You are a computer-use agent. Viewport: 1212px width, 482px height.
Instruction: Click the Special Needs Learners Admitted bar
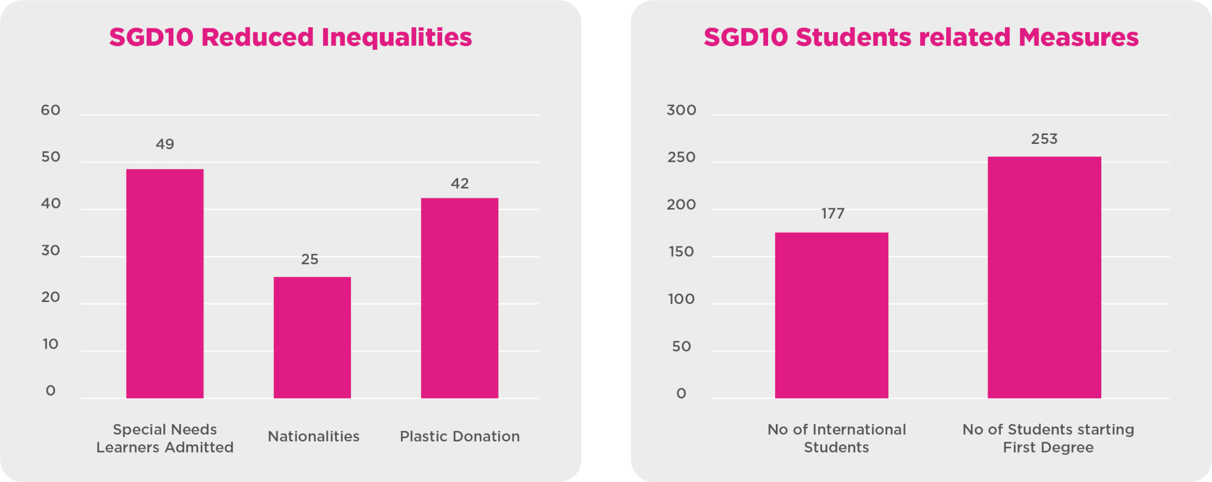[165, 284]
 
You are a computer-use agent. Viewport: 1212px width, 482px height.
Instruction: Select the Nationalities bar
[312, 338]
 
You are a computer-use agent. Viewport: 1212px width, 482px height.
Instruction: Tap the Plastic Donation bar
[459, 298]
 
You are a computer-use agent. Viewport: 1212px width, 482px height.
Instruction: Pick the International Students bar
[831, 315]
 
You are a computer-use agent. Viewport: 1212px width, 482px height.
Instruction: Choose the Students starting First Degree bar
[1044, 277]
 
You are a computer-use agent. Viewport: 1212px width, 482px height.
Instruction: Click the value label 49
[165, 144]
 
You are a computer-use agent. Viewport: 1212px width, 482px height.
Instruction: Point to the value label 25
[310, 259]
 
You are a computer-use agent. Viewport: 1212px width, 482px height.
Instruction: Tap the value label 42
[459, 184]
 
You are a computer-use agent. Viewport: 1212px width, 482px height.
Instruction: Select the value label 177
[833, 213]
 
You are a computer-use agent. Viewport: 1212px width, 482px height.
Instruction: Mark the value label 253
[1044, 139]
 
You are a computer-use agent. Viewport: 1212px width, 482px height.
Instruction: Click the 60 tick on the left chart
[51, 110]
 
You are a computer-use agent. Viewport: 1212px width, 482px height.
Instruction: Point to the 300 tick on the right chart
[681, 110]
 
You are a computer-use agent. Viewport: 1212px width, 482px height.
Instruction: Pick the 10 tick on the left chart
[51, 344]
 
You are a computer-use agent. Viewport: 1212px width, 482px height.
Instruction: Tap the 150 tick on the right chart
[681, 252]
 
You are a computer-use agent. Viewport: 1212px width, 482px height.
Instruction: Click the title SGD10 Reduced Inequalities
[290, 37]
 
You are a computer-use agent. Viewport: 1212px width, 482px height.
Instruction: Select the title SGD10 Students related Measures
[921, 37]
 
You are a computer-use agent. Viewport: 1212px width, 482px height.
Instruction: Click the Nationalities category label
[313, 436]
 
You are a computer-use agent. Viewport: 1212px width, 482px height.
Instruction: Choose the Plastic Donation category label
[459, 436]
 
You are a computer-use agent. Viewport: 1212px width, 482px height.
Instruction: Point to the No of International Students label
[836, 438]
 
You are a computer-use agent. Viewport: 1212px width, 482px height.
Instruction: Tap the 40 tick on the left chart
[51, 204]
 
